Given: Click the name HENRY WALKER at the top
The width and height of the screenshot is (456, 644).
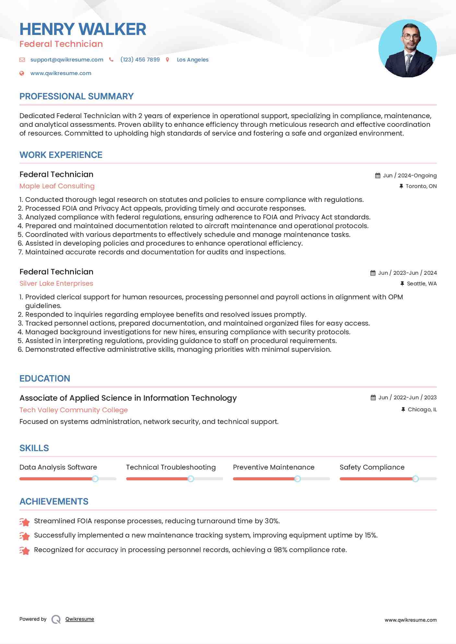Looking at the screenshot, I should [83, 29].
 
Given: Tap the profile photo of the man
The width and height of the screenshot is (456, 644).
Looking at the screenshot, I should [407, 49].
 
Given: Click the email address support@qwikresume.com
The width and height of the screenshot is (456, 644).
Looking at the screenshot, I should [67, 60].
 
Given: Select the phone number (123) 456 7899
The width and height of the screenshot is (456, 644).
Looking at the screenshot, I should [140, 60].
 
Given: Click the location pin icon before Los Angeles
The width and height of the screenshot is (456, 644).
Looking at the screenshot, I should [168, 60].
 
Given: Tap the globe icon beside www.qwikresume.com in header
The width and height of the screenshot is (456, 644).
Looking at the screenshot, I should [22, 73].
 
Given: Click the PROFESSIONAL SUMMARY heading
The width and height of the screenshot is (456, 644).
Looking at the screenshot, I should [76, 96].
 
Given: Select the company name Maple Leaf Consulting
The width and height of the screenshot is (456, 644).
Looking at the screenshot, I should [57, 186].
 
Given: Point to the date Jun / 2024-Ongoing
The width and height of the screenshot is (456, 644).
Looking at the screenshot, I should [410, 175].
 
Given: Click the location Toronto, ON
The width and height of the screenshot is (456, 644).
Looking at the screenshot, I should [421, 186].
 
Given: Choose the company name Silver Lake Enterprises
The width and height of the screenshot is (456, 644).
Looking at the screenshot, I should [56, 283].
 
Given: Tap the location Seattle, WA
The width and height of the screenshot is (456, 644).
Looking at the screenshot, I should [422, 283].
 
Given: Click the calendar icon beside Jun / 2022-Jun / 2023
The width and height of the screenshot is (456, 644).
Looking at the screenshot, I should [373, 398].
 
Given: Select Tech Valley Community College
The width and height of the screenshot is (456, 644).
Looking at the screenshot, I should [74, 410].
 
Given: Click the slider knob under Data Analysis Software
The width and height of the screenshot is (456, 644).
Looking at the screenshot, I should [95, 479].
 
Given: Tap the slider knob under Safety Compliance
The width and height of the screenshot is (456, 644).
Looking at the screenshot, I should [415, 479].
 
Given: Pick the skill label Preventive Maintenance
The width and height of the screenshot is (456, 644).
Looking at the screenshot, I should [274, 467].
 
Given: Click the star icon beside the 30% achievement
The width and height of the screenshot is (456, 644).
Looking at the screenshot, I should [25, 522].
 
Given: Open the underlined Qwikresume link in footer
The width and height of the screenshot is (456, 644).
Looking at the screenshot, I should [80, 619].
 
